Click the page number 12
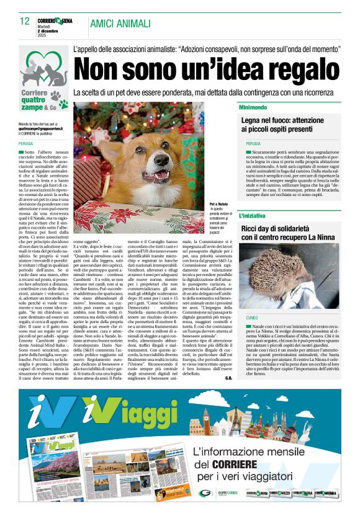pyautogui.click(x=24, y=21)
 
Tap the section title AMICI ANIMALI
pyautogui.click(x=120, y=24)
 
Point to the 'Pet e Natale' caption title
pyautogui.click(x=221, y=203)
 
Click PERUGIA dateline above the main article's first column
pyautogui.click(x=26, y=143)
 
